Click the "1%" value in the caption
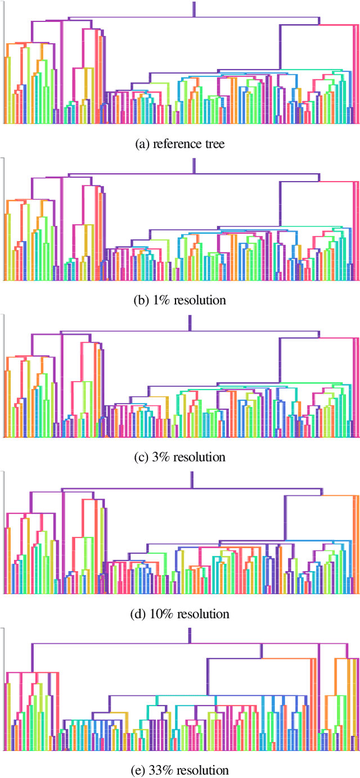tap(163, 300)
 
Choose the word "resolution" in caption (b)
tap(200, 300)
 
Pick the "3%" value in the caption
tap(163, 456)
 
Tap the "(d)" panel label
tap(139, 613)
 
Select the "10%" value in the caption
tap(163, 613)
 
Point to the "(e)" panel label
tap(139, 770)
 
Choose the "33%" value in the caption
tap(163, 770)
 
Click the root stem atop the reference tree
tap(194, 9)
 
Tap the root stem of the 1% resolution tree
tap(194, 165)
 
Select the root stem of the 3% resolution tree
tap(190, 322)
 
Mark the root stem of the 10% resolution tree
tap(192, 479)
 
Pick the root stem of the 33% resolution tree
tap(190, 635)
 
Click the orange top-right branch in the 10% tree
tap(340, 495)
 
